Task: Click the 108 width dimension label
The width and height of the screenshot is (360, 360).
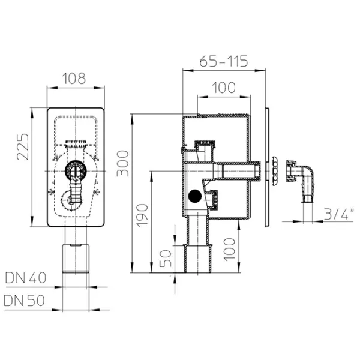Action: pos(74,78)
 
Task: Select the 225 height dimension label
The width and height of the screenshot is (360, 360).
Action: pos(23,147)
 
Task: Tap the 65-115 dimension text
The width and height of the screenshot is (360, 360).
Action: pos(224,61)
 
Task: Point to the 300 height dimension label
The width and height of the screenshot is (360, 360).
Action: pos(122,163)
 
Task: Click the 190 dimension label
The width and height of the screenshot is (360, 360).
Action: pos(142,215)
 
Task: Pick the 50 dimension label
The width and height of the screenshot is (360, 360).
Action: pos(166,259)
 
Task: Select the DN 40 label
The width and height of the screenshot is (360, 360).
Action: pos(25,278)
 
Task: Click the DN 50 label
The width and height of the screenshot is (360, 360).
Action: pos(24,301)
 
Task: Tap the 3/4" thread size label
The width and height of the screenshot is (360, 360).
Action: pos(338,214)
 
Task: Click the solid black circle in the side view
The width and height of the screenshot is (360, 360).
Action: pos(194,196)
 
